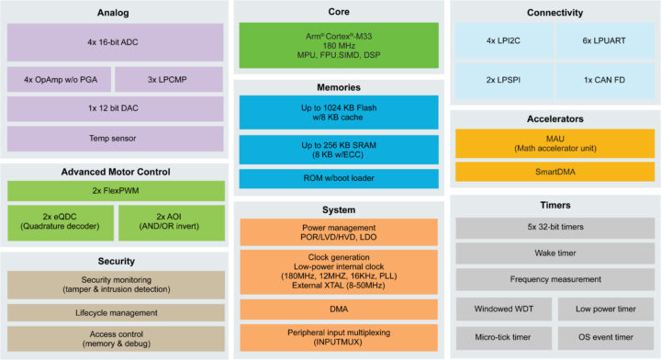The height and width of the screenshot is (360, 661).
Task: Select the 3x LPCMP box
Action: [x=170, y=79]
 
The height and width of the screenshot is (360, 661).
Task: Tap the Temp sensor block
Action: [x=115, y=140]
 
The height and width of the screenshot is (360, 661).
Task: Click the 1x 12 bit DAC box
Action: [x=115, y=109]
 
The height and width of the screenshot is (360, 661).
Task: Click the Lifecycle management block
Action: [x=115, y=313]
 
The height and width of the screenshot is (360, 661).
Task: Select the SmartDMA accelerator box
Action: [x=555, y=171]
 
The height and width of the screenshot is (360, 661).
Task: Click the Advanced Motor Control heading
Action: [x=115, y=173]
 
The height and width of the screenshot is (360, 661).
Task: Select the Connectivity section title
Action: [x=555, y=12]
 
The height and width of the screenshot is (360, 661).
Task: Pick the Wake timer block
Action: [x=555, y=252]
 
